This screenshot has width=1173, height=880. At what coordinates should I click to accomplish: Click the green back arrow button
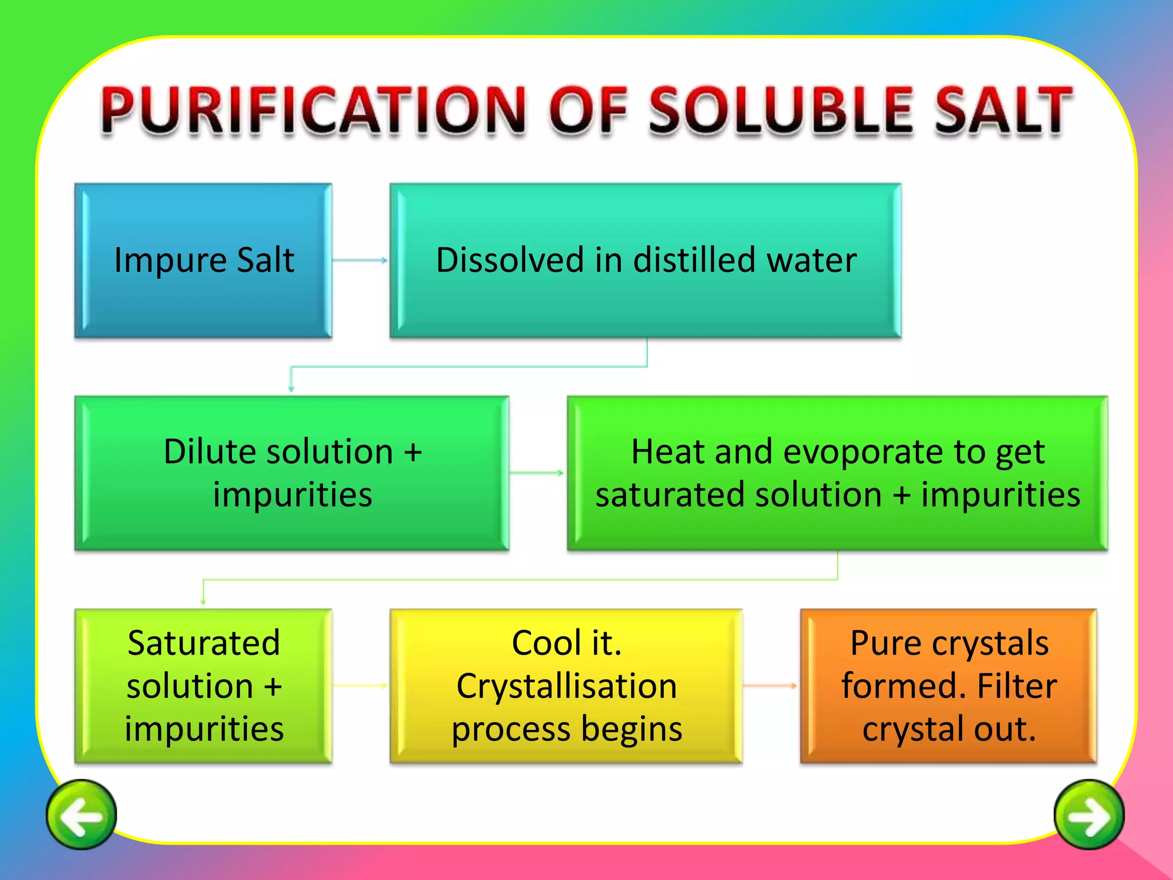[x=81, y=814]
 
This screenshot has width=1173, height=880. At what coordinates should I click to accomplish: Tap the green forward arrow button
[x=1089, y=814]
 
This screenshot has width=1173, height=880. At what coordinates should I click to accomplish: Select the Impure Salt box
[x=203, y=261]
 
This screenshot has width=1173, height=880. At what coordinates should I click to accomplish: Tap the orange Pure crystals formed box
[x=948, y=686]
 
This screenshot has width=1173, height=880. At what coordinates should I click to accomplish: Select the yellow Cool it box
[x=566, y=686]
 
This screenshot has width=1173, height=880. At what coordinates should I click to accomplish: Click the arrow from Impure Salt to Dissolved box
[x=360, y=260]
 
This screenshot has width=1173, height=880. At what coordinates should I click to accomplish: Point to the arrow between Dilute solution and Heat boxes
[x=537, y=473]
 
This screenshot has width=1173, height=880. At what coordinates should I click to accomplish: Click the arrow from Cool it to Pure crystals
[x=770, y=685]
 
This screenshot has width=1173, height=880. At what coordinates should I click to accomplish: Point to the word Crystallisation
[x=566, y=686]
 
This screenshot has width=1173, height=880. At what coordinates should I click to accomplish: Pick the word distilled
[x=694, y=260]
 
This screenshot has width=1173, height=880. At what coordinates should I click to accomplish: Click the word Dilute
[x=207, y=451]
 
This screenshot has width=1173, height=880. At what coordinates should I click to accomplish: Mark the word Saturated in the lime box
[x=204, y=643]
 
